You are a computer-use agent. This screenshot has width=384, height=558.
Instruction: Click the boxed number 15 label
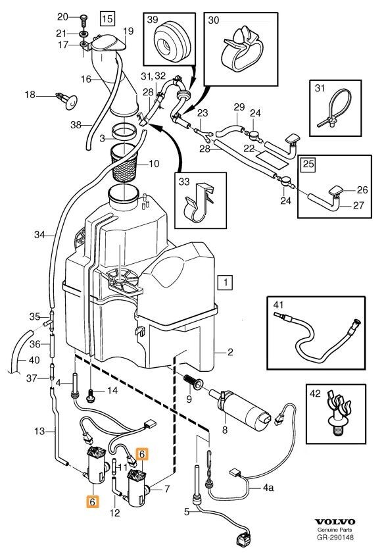point(107,18)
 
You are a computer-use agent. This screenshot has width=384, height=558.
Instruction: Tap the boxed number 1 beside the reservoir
point(226,282)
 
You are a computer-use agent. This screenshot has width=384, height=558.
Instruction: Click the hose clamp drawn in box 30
point(241,50)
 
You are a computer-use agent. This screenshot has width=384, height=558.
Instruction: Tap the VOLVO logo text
point(335,522)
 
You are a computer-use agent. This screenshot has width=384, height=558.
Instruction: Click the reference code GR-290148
point(335,538)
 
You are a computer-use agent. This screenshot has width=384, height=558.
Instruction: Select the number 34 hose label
point(39,234)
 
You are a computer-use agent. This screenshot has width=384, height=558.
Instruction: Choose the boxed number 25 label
point(308,164)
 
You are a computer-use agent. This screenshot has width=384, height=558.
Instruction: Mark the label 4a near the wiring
point(268,487)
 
